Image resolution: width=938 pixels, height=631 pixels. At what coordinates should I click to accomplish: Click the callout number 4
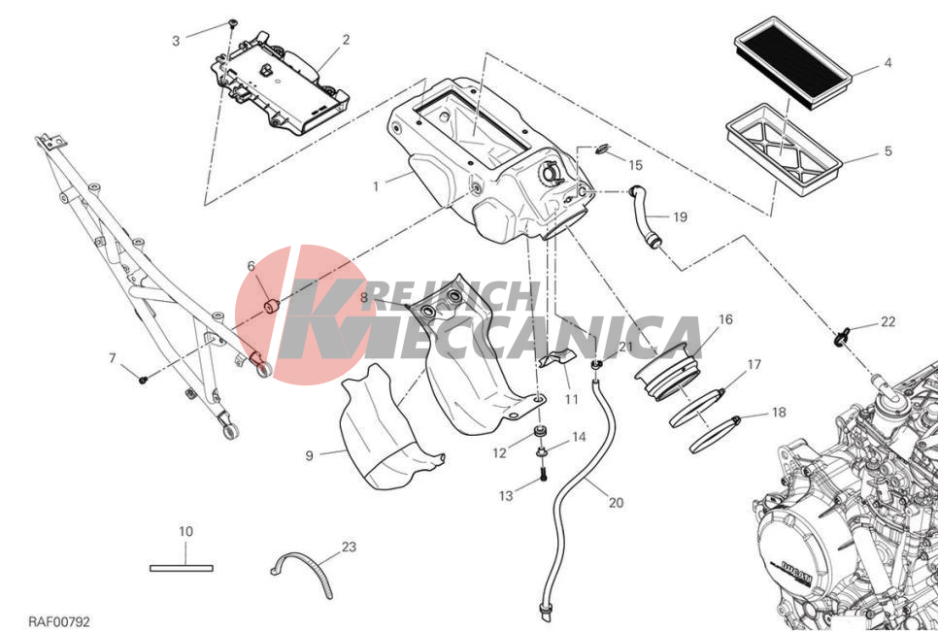point(888,63)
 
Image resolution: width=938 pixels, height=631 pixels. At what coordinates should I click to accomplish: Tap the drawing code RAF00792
point(59,622)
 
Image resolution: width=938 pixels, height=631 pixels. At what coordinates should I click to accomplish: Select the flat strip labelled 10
point(182,568)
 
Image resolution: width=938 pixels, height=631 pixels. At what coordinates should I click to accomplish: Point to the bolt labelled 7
point(143,380)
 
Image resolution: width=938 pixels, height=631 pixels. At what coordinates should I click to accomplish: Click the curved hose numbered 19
point(645,218)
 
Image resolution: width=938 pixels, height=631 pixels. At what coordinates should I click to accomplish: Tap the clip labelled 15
point(604,148)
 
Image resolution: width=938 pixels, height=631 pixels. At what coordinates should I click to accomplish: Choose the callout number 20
point(617,503)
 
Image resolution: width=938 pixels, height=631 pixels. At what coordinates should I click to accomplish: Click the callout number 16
point(725,319)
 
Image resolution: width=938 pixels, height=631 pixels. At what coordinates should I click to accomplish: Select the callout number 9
point(309,455)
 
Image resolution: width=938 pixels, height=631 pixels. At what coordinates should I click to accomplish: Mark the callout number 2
point(346,40)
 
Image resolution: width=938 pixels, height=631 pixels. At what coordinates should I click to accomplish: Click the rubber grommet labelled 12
point(540,431)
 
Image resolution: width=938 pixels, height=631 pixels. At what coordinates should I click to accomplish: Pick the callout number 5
point(888,150)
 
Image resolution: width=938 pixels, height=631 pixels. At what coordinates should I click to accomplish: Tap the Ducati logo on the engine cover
point(790,573)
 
